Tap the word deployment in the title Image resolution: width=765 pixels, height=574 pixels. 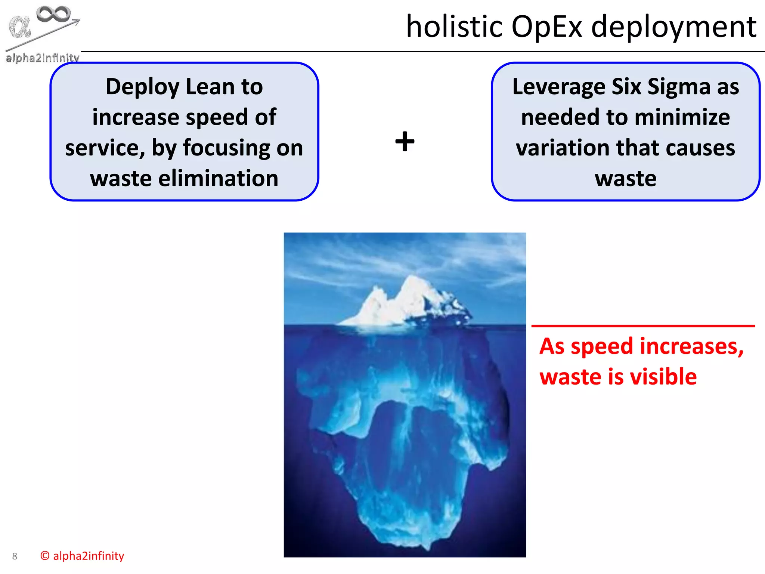click(674, 28)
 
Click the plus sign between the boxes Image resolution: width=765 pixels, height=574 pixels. click(405, 142)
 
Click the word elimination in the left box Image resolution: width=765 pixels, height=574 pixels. click(219, 178)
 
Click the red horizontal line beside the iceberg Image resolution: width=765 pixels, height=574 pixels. click(643, 326)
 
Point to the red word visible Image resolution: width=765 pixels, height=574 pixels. click(663, 376)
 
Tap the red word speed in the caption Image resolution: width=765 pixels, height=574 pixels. click(603, 346)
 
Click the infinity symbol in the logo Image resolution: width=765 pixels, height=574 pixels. click(53, 14)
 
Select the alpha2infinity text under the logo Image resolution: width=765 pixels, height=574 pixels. click(42, 58)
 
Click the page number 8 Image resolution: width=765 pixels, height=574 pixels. click(15, 556)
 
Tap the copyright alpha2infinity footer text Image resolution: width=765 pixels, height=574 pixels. click(82, 556)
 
